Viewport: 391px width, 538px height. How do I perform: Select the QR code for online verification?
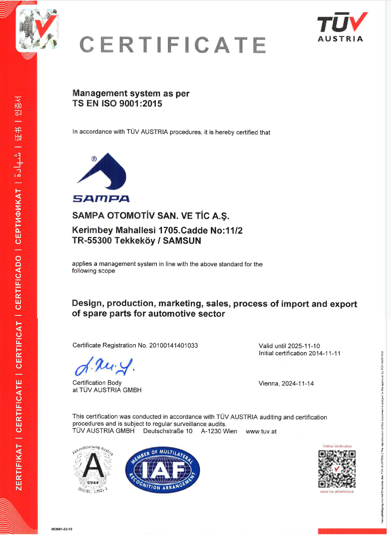click(x=337, y=469)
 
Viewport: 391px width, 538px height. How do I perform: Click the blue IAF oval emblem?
click(x=162, y=470)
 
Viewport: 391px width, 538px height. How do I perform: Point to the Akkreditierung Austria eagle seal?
click(x=93, y=469)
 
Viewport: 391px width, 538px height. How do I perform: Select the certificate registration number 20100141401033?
click(x=174, y=345)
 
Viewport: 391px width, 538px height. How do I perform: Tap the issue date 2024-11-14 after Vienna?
click(x=297, y=384)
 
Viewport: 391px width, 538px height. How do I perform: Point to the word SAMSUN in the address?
click(x=182, y=240)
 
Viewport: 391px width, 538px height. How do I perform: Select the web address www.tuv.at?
click(x=261, y=432)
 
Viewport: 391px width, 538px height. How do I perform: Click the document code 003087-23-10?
click(x=62, y=529)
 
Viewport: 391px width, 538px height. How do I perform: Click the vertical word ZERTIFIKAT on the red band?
click(x=19, y=467)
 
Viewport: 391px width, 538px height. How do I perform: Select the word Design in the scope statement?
click(x=87, y=303)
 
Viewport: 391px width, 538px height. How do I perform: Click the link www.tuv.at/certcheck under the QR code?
click(x=337, y=492)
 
